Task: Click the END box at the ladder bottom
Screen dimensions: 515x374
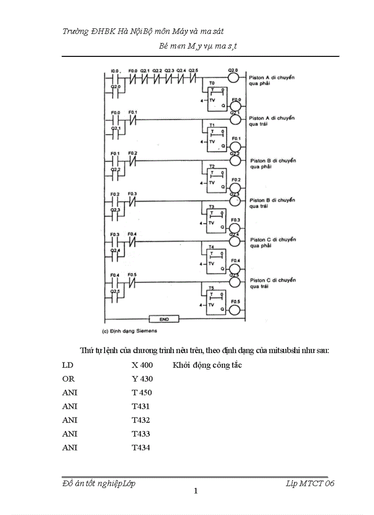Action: tap(164, 319)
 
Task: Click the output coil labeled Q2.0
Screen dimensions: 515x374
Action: tap(234, 77)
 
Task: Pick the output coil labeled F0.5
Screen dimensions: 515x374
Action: tap(235, 310)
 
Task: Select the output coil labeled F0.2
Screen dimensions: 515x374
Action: tap(235, 188)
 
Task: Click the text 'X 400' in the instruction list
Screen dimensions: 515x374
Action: tap(142, 365)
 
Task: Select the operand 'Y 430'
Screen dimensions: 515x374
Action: tap(142, 379)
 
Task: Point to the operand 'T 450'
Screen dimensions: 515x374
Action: tap(142, 393)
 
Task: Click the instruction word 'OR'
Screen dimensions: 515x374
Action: tap(68, 379)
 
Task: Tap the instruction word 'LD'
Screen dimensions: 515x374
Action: tap(67, 365)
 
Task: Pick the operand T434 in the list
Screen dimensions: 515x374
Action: tap(141, 448)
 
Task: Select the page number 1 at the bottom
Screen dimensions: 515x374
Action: tap(196, 491)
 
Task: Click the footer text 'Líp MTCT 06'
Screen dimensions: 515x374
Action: tap(310, 483)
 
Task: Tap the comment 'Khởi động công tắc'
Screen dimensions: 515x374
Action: tap(207, 365)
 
